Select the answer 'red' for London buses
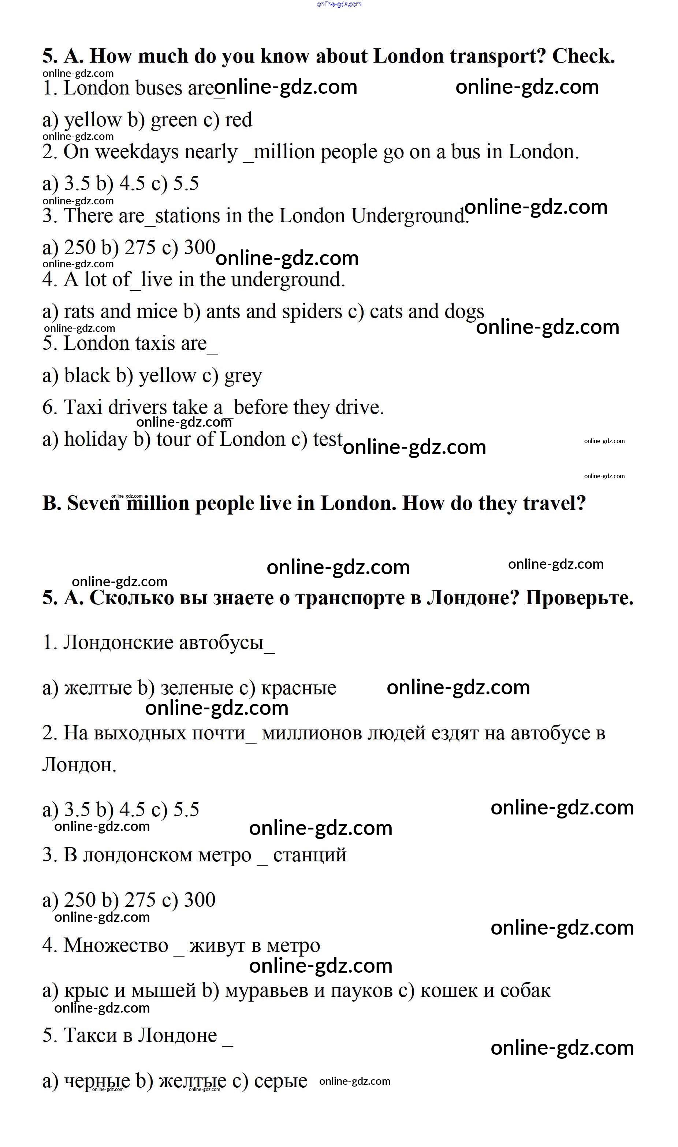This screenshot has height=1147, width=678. (x=238, y=120)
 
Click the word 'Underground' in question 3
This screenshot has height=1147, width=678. (x=408, y=216)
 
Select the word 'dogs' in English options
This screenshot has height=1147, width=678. (x=464, y=312)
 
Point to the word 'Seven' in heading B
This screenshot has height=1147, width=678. (x=93, y=504)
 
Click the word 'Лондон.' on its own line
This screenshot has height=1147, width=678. (x=79, y=765)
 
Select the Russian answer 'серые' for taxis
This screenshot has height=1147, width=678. (x=280, y=1081)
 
